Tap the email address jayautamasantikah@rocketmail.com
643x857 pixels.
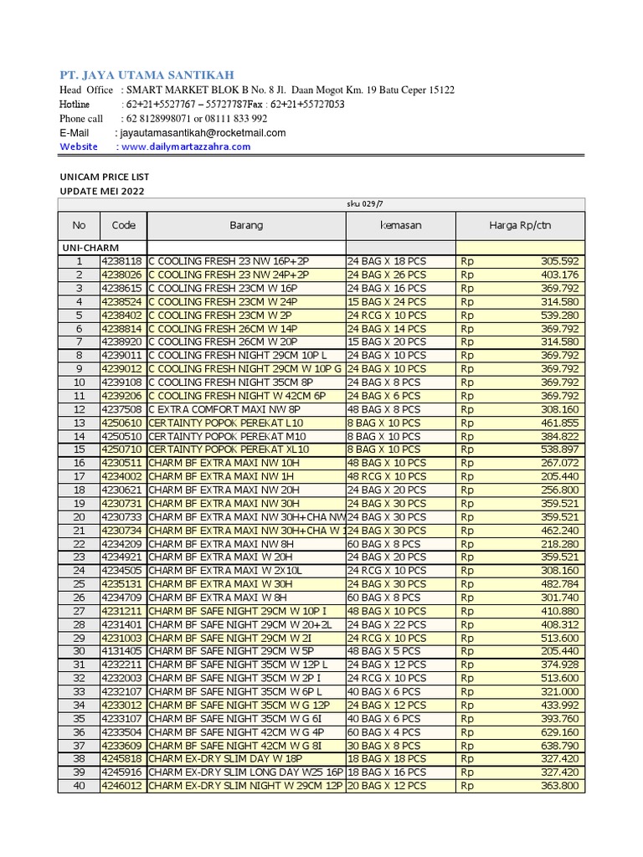click(203, 132)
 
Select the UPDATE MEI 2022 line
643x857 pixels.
click(106, 192)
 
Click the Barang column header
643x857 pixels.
click(246, 225)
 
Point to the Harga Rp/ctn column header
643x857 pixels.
click(520, 225)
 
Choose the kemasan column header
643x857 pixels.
click(400, 225)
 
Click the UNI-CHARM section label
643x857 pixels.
click(90, 248)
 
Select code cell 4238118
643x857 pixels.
click(122, 261)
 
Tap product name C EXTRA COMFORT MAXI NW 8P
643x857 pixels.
click(213, 409)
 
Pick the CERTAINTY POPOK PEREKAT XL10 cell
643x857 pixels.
click(229, 449)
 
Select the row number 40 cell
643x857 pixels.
click(79, 786)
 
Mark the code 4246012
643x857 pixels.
click(122, 786)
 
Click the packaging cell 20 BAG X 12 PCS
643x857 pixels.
click(387, 786)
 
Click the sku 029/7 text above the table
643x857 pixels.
click(364, 203)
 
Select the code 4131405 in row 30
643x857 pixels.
click(122, 651)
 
